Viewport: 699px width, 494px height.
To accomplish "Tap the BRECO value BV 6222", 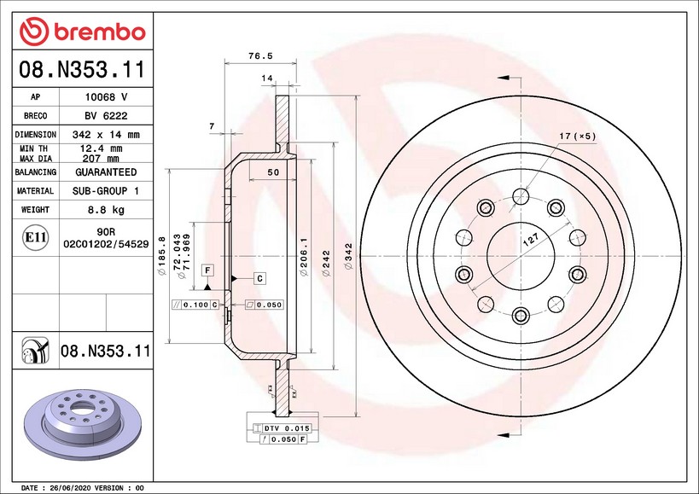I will click(106, 115).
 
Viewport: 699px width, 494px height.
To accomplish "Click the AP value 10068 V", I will click(106, 96).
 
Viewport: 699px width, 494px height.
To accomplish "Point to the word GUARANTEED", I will click(106, 172).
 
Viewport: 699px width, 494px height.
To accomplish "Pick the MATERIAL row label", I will click(36, 191).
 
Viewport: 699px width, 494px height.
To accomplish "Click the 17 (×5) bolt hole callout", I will click(576, 137).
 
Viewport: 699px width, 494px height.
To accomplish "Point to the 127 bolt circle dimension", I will click(530, 241).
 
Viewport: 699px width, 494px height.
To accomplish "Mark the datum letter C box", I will click(259, 278).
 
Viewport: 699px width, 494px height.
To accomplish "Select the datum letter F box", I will click(207, 270).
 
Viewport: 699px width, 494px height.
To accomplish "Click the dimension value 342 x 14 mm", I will click(106, 135).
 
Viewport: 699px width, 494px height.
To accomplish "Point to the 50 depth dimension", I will click(273, 172).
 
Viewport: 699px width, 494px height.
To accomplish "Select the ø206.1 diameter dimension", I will click(304, 256).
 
